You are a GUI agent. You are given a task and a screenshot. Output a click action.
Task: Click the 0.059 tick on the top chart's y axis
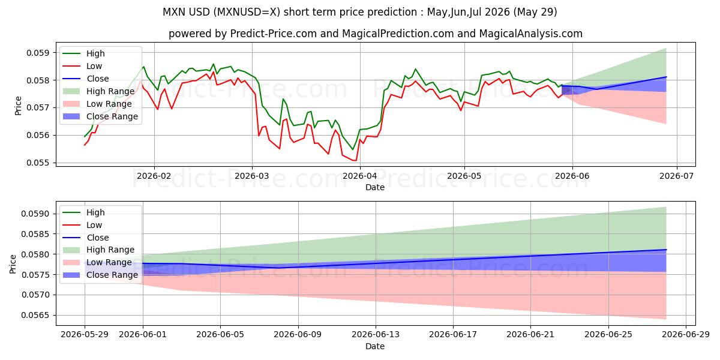click(38, 53)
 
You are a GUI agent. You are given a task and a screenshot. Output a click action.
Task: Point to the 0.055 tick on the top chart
click(38, 163)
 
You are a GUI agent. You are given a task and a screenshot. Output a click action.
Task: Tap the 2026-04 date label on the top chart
click(360, 176)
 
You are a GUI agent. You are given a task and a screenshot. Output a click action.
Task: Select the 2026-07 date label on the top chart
click(677, 176)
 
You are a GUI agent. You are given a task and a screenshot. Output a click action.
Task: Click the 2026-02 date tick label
click(154, 176)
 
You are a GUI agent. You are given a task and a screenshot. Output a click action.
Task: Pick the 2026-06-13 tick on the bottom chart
click(376, 335)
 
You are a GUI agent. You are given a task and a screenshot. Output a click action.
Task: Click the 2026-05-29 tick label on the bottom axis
click(85, 335)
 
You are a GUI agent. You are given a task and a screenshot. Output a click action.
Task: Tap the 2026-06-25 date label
click(608, 335)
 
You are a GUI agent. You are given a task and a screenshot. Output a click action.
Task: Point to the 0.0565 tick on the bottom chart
click(35, 316)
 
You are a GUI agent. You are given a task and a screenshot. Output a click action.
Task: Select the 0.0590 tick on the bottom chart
click(35, 214)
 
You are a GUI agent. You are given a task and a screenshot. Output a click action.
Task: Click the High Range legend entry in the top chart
click(98, 91)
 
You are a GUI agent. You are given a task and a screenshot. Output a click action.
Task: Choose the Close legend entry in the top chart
click(85, 79)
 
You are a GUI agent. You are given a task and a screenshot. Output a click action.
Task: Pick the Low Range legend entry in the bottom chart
click(97, 262)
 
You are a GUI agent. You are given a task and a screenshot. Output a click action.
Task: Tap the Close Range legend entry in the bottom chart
click(100, 275)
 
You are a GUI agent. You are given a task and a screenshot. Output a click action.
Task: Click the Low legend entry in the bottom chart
click(82, 225)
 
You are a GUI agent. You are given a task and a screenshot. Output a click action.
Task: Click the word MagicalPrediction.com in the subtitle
click(398, 34)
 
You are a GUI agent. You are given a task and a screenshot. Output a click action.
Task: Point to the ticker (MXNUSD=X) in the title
click(247, 12)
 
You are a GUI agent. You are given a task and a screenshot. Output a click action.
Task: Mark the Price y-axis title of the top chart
click(18, 106)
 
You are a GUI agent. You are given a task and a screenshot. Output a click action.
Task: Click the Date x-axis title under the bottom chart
click(375, 346)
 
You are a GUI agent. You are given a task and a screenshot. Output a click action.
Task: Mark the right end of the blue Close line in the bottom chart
click(666, 250)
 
